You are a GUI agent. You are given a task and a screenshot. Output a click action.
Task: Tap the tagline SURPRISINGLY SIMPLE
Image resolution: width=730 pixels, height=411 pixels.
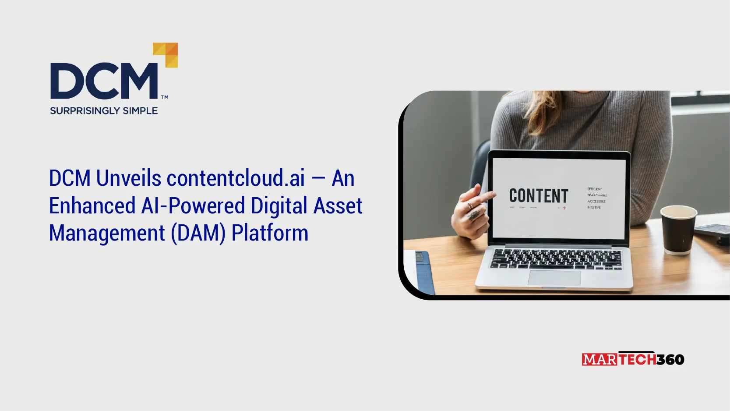104,111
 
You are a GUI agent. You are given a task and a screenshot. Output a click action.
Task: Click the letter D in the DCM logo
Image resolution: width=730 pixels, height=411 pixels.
66,81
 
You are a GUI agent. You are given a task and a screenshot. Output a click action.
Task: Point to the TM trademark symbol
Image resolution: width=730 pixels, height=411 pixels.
165,97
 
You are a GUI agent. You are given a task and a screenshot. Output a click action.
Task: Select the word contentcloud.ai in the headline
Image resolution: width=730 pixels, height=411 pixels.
236,178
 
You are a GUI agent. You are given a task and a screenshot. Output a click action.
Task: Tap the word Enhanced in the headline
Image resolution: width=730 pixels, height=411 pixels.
92,206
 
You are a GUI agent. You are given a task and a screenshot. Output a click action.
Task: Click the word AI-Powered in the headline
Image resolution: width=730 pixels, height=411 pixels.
193,206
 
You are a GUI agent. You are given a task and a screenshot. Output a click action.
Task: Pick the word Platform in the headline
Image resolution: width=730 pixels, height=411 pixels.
270,233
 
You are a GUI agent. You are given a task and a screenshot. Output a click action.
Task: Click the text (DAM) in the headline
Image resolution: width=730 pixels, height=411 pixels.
198,233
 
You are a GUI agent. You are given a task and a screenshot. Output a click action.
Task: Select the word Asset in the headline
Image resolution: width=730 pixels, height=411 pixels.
338,206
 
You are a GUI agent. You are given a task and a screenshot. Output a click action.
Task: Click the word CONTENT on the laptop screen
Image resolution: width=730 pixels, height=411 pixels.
538,196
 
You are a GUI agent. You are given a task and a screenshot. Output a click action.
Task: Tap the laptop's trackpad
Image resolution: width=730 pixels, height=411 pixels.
554,278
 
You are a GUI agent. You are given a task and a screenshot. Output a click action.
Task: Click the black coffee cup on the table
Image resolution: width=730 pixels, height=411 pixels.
678,230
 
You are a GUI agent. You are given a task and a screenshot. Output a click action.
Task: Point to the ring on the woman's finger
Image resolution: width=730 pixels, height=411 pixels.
474,215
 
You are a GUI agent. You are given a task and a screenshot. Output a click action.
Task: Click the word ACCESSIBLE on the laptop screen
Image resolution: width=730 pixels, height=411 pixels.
596,201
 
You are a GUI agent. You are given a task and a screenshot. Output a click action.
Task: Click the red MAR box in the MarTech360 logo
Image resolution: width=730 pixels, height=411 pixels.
600,360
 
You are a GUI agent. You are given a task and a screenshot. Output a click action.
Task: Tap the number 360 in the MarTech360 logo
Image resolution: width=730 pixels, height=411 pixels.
670,360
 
